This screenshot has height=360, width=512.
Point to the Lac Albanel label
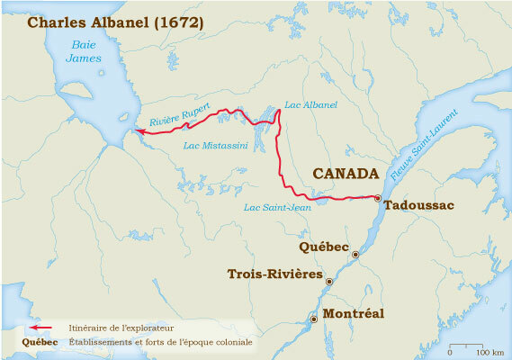[x=310, y=105]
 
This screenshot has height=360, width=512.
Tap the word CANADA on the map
[x=345, y=172]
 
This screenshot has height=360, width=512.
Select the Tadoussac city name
[x=418, y=205]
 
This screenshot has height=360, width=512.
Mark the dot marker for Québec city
[x=355, y=255]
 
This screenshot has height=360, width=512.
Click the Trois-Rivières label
[x=274, y=274]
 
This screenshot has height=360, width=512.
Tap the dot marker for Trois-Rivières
[x=328, y=282]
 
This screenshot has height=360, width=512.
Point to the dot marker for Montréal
[x=313, y=319]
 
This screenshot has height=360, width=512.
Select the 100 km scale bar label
[x=490, y=348]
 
